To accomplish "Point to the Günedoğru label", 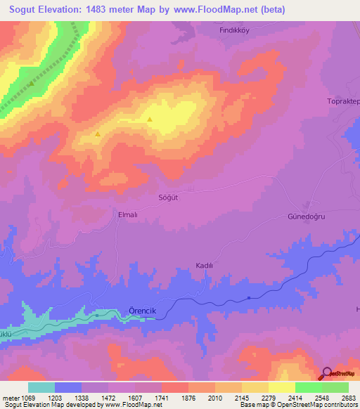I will [308, 217].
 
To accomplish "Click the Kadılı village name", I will [204, 266].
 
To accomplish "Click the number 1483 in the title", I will [107, 10].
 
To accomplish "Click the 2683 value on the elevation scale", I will [349, 398].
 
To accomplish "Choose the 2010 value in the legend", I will [215, 398].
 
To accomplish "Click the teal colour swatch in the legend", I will [41, 387].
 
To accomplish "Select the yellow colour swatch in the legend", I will [281, 387].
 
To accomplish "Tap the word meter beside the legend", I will [9, 398].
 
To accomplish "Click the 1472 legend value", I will [108, 398].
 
